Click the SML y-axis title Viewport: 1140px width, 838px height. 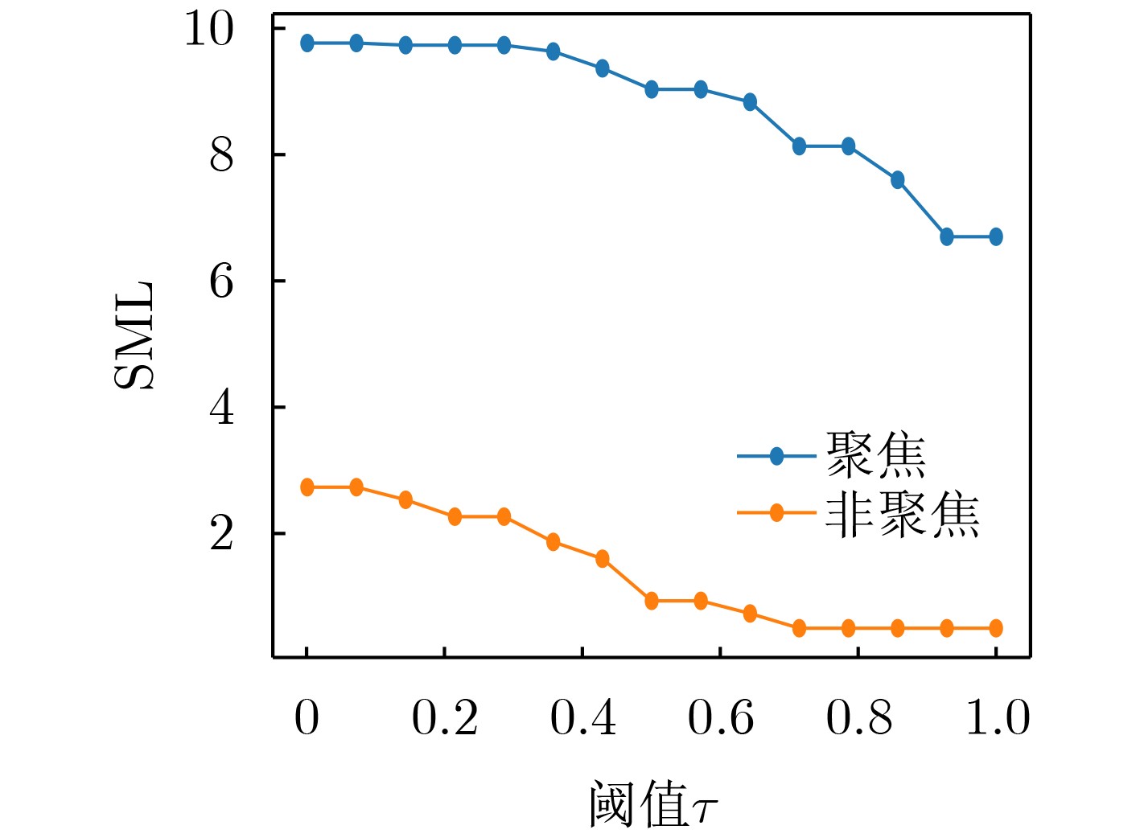(134, 335)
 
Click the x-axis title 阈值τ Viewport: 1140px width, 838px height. (652, 803)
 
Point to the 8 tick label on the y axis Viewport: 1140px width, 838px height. (221, 155)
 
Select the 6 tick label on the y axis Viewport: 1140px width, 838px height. (221, 281)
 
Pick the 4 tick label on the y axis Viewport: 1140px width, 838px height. (221, 408)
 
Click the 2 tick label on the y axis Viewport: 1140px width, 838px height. (221, 534)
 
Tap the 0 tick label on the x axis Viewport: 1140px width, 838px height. (307, 717)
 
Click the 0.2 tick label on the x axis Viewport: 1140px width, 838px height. (444, 717)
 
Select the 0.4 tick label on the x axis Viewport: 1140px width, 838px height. (582, 717)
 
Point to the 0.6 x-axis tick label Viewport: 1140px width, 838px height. (720, 717)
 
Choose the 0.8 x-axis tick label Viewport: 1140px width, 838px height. (858, 717)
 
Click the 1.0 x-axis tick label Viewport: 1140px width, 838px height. (997, 717)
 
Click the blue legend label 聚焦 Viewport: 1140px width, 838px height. (875, 456)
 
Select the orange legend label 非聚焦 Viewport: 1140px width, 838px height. (902, 514)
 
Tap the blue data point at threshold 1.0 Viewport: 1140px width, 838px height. (996, 236)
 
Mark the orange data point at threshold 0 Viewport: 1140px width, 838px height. (307, 487)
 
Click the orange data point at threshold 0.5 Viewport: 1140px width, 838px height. (652, 601)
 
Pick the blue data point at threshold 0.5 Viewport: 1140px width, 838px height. (652, 89)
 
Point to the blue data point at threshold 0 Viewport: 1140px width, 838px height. (307, 43)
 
